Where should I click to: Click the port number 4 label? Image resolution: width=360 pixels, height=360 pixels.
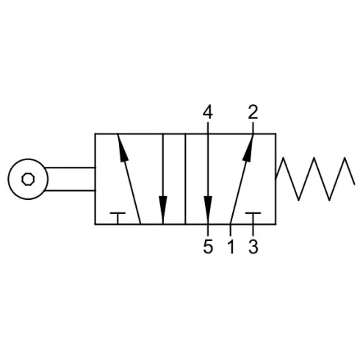pos(208,112)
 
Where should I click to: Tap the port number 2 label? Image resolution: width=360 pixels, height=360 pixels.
pos(253,112)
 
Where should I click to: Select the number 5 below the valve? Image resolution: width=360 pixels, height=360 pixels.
pos(208,246)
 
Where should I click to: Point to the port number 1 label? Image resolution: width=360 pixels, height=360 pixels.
pos(231,246)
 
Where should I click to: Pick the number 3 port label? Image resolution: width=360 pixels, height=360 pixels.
pos(253,246)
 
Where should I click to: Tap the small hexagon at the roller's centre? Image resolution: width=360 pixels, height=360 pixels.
pos(28,179)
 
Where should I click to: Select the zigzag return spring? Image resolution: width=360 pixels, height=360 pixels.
pos(315,179)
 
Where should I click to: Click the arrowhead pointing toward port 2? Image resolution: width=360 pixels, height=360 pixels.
pos(248,148)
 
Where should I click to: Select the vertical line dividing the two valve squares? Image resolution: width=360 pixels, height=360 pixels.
pos(185,179)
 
